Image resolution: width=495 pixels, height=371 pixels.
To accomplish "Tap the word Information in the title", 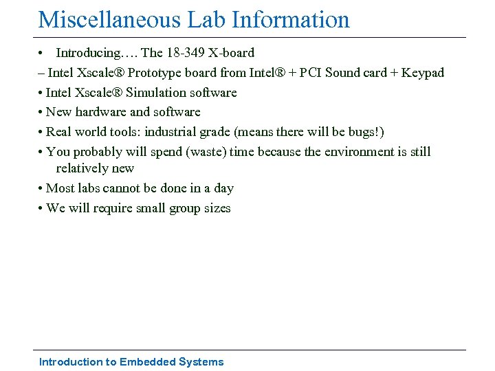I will click(291, 19).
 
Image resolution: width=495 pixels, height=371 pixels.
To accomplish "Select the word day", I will click(223, 188).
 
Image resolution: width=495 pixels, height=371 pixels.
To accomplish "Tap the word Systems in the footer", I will click(201, 362).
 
